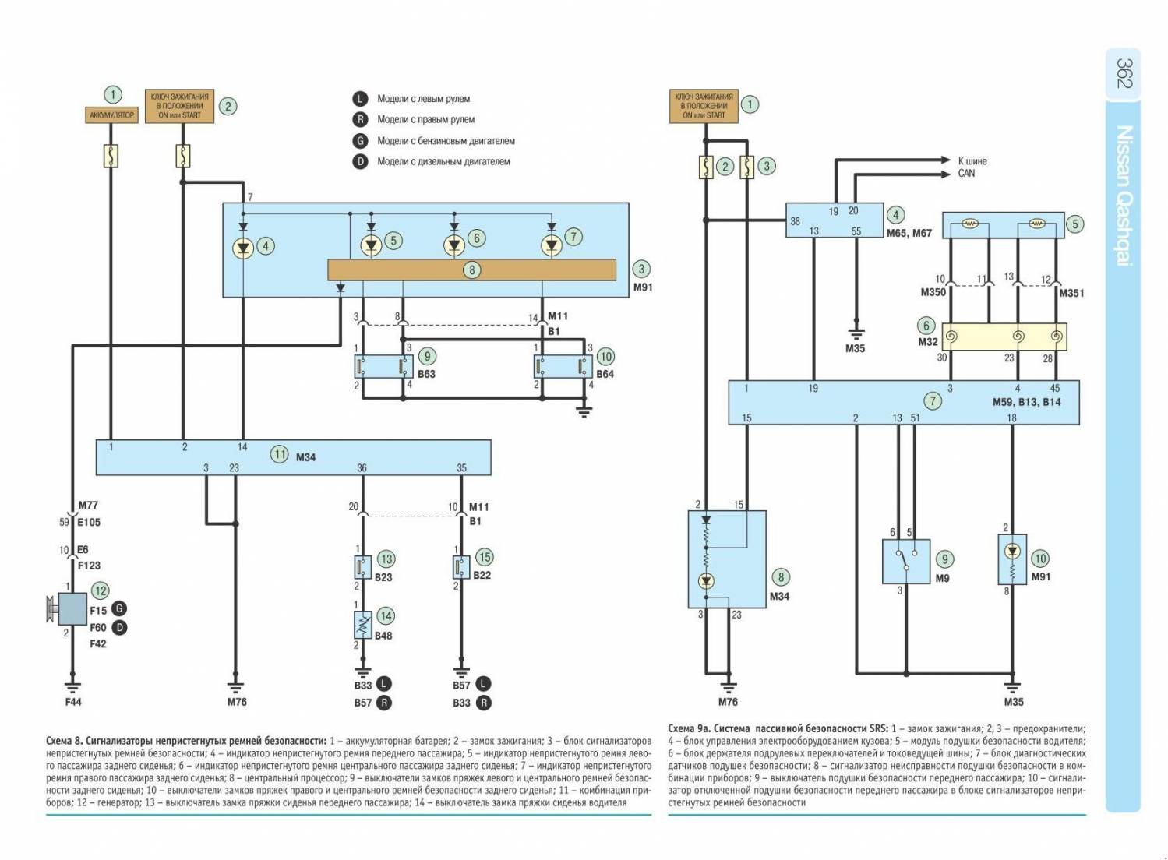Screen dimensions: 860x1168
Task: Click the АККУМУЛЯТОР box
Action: coord(111,115)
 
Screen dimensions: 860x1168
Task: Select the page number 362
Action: coord(1124,73)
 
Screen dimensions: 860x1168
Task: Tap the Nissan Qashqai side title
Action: coord(1124,196)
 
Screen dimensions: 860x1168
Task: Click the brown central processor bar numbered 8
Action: coord(471,270)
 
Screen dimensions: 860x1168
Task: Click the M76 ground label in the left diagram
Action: coord(237,702)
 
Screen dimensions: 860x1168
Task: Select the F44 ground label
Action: coord(72,702)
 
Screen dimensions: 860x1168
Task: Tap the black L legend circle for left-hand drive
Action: coord(360,99)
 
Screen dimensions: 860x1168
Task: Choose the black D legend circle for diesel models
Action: coord(360,161)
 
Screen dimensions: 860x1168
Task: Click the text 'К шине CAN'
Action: coord(972,167)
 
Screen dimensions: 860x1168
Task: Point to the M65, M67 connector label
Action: coord(909,233)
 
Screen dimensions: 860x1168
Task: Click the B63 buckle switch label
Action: coord(426,374)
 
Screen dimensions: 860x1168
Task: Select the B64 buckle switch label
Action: coord(605,374)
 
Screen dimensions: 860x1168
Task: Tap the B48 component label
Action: coord(383,636)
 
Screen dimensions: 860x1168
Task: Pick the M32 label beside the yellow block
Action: coord(927,341)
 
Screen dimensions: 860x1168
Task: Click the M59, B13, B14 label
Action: coord(1026,402)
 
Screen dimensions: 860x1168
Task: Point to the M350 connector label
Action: coord(933,292)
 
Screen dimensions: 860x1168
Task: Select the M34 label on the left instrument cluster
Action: coord(305,457)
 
